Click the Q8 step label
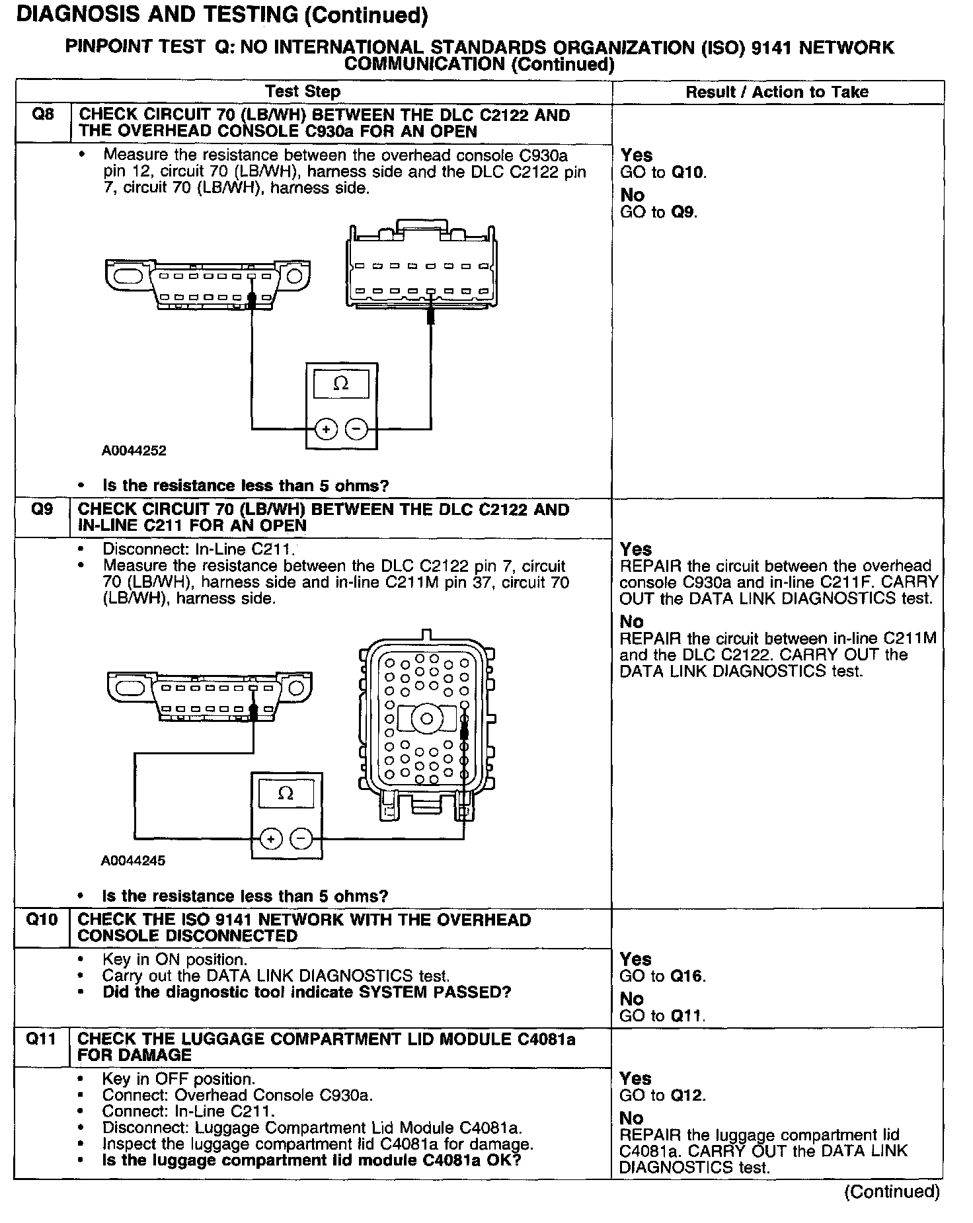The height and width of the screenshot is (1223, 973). point(43,115)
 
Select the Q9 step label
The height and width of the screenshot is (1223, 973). point(43,510)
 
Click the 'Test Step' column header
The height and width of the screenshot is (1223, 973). point(302,92)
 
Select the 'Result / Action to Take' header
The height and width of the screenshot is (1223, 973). point(777,93)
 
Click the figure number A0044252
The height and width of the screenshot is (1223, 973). point(134,451)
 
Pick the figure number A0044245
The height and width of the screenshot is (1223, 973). point(133,861)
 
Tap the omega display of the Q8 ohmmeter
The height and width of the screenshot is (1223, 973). point(341,383)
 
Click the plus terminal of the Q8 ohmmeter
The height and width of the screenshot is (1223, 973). point(325,429)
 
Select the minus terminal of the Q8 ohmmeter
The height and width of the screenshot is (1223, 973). point(356,429)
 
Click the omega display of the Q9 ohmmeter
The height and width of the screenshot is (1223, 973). point(286,793)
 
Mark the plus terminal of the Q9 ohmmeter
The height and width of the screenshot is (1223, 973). point(270,839)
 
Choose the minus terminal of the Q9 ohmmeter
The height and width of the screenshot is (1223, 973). point(301,839)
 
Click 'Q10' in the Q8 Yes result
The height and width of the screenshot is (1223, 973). point(688,173)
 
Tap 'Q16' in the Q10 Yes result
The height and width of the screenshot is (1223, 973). point(687,976)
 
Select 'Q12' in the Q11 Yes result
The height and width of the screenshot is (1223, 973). point(687,1095)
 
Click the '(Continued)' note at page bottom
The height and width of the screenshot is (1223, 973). point(892,1192)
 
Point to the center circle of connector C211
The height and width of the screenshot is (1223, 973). point(427,719)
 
